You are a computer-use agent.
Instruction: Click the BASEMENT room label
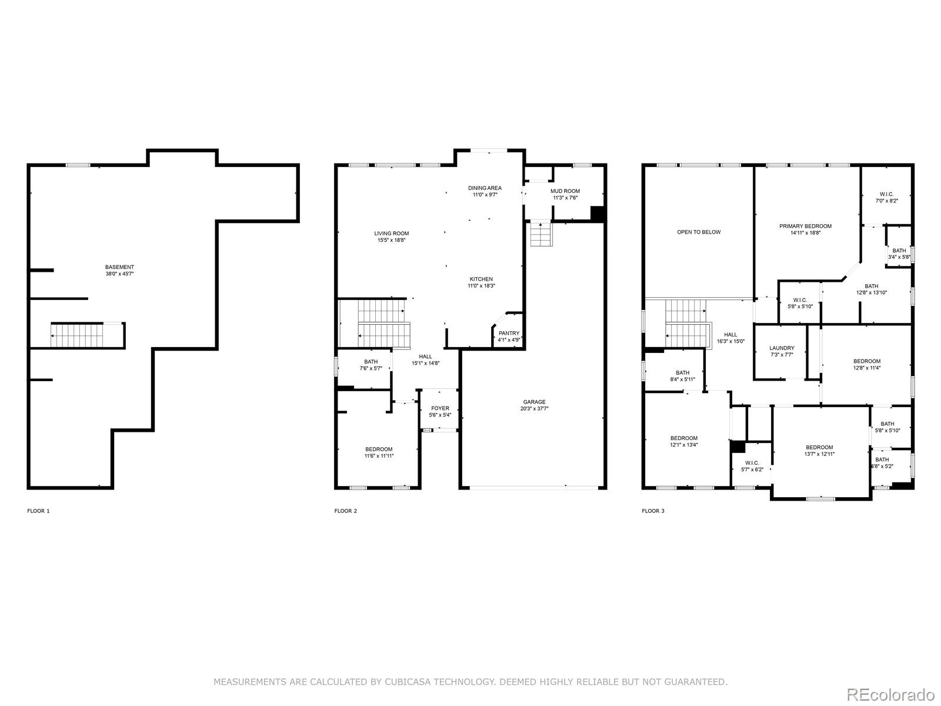coord(119,267)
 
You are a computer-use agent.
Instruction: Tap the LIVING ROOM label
coord(392,234)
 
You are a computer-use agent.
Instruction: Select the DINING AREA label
coord(485,188)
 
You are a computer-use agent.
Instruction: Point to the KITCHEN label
coord(481,279)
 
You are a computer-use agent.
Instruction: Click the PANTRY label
coord(509,333)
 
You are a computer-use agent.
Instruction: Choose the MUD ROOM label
coord(565,191)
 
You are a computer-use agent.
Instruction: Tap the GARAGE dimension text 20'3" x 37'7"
coord(534,408)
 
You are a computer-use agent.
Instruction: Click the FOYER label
coord(441,408)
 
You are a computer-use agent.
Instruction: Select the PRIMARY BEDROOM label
coord(805,227)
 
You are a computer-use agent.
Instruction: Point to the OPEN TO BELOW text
coord(699,232)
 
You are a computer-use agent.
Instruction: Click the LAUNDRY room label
coord(782,348)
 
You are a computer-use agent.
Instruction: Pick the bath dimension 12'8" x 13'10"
coord(872,293)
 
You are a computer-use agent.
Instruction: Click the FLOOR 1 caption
coord(39,511)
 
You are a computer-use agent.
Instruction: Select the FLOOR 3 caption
coord(653,511)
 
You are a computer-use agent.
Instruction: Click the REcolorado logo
coord(890,694)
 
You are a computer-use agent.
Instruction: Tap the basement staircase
coord(77,335)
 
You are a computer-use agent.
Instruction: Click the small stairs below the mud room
coord(541,234)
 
